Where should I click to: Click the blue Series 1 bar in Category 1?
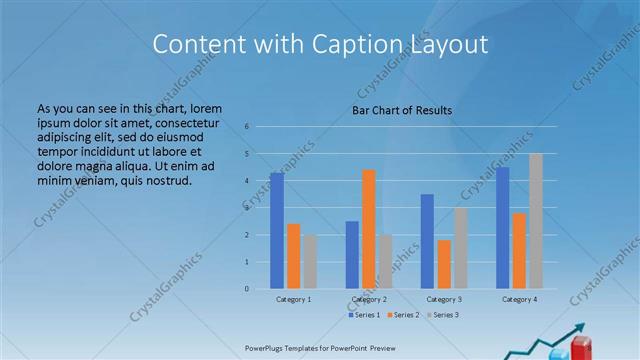pos(277,231)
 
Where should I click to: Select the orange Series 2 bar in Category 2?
pos(369,229)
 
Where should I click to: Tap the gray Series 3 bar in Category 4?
pos(536,221)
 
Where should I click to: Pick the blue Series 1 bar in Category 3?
pos(427,241)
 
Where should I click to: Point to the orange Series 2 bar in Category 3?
pos(444,264)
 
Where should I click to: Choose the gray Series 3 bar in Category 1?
pos(310,262)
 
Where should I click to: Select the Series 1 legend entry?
pos(364,315)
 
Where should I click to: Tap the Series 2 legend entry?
pos(404,315)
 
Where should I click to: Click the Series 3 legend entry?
pos(444,315)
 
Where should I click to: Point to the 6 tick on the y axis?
pos(246,127)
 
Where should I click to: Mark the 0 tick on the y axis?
pos(246,289)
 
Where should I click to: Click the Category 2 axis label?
pos(369,299)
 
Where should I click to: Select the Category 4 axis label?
pos(519,299)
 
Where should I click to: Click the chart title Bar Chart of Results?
pos(403,109)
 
